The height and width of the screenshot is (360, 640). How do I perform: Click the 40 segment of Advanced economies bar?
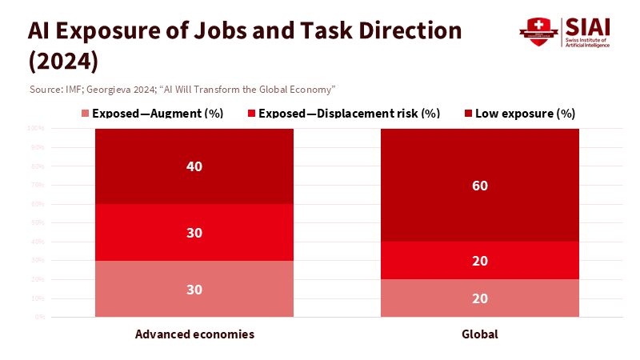click(x=194, y=166)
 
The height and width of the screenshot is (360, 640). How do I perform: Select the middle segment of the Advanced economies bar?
click(x=194, y=233)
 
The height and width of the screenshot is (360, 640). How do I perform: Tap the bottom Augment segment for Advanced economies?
click(x=194, y=289)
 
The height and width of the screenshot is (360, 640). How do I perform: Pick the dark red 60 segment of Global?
click(x=479, y=186)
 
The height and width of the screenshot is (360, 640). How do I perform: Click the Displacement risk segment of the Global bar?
click(x=479, y=261)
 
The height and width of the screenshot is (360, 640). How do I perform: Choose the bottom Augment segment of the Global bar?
click(x=479, y=298)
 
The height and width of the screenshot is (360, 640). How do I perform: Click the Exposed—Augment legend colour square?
click(x=86, y=114)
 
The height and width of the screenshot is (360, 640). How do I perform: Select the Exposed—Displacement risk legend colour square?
click(x=252, y=114)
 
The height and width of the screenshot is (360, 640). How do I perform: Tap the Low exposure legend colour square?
click(x=469, y=114)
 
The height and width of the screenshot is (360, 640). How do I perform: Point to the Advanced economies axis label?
click(x=194, y=334)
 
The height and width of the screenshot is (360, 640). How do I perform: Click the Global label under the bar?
click(x=480, y=334)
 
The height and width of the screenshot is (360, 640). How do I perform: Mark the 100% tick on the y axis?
click(x=35, y=128)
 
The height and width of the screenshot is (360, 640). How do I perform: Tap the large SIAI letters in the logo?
click(x=589, y=26)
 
